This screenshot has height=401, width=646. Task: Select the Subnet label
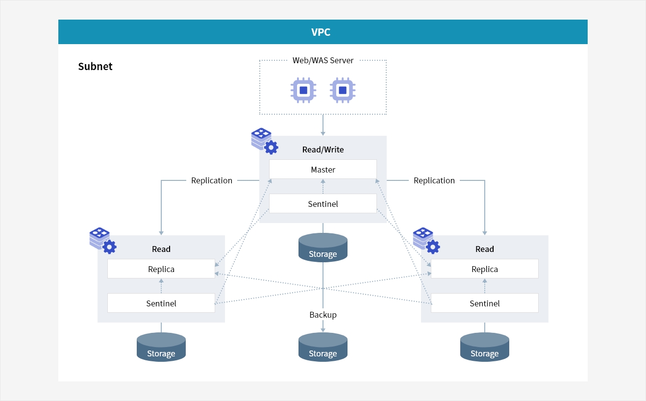point(95,67)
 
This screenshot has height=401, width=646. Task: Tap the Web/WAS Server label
point(323,60)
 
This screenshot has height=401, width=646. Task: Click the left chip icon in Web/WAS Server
point(303,90)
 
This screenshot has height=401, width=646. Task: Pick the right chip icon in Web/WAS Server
point(343,90)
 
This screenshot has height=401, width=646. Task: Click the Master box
point(323,170)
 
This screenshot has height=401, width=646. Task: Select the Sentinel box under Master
point(323,203)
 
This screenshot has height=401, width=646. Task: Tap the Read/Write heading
point(323,150)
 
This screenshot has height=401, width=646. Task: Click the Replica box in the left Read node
point(161,269)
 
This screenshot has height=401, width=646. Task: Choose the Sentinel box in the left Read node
point(161,303)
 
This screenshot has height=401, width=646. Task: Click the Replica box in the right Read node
point(485,269)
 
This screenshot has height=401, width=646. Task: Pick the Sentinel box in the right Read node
point(485,303)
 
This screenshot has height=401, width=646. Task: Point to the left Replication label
point(212,180)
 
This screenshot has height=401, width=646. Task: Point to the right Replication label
point(434,180)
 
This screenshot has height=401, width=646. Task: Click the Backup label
point(323,315)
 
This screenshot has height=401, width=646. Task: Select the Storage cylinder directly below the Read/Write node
point(323,248)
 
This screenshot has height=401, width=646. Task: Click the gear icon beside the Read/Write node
point(271,147)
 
